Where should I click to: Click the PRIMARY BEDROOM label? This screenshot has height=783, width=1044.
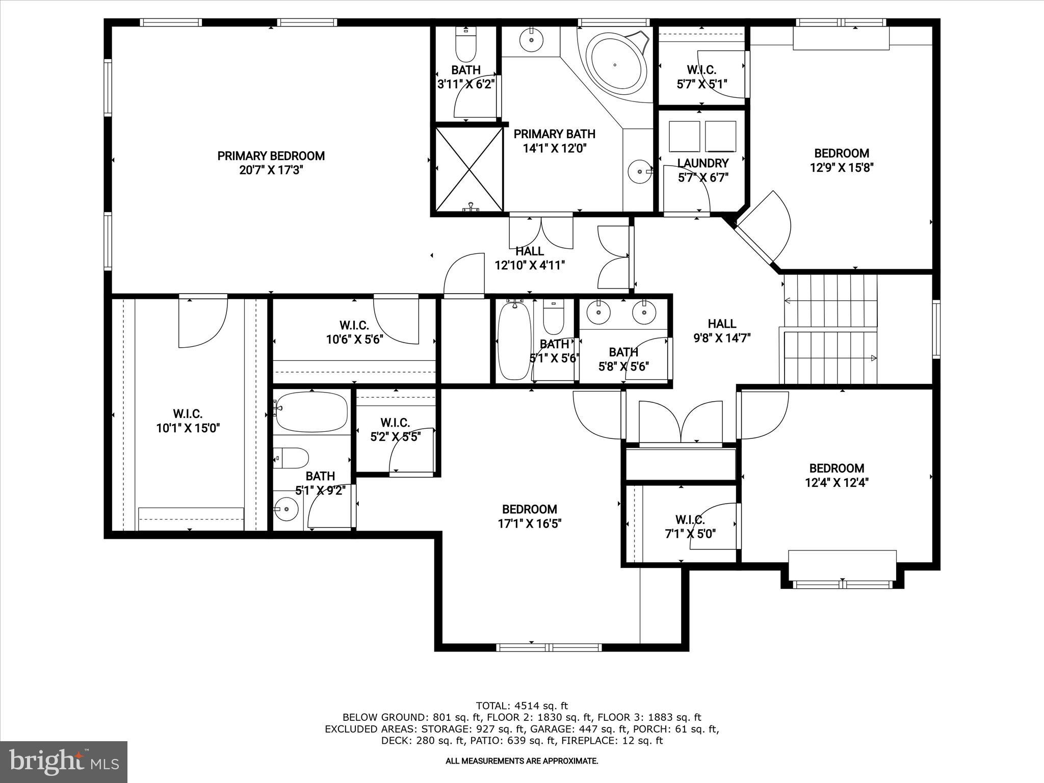[271, 156]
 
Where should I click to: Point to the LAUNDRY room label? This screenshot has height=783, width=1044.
[702, 163]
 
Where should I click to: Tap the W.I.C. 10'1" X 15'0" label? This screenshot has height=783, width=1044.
[188, 421]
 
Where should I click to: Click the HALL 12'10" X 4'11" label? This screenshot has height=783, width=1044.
[530, 258]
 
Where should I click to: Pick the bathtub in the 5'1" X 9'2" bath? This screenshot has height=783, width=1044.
[311, 412]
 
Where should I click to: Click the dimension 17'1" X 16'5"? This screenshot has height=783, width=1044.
[530, 524]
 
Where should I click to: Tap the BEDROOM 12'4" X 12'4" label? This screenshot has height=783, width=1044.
[837, 475]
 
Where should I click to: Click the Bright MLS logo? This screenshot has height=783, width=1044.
[64, 762]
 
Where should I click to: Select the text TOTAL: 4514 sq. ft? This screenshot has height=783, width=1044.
[521, 706]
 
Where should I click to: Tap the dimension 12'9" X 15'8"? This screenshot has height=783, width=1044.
[842, 168]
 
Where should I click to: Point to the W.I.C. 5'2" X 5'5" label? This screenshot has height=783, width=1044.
[395, 430]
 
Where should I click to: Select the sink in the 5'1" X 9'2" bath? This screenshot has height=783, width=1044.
[286, 508]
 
